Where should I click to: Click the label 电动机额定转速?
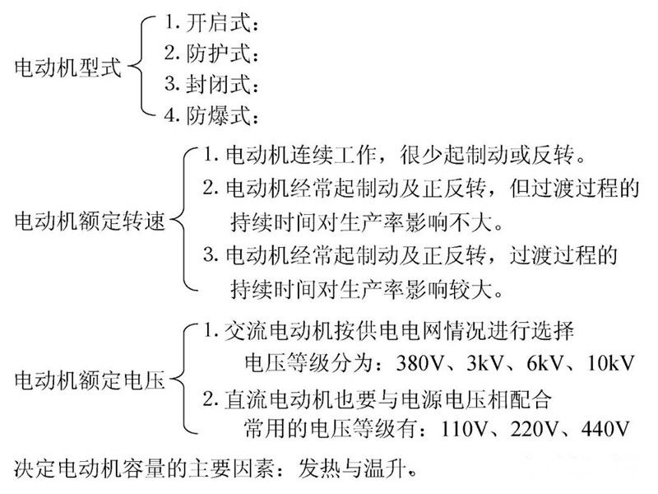tap(90, 221)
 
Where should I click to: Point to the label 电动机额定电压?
tap(90, 380)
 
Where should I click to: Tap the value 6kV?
tap(546, 364)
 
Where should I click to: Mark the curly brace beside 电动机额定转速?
tap(185, 221)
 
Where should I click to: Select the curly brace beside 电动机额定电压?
tap(185, 380)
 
